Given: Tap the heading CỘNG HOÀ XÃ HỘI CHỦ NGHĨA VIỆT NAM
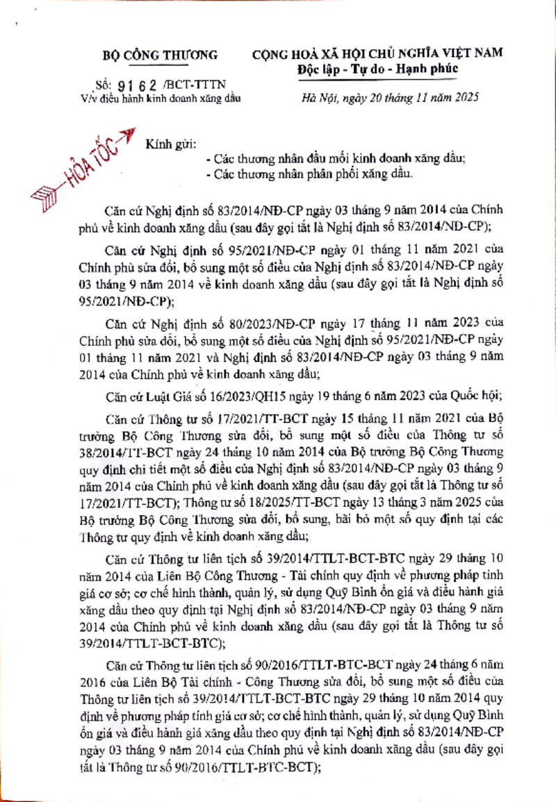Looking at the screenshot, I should point(378,54).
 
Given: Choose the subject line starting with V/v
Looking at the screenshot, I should point(161,98).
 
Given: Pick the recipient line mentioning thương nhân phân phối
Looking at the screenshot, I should point(314,174).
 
